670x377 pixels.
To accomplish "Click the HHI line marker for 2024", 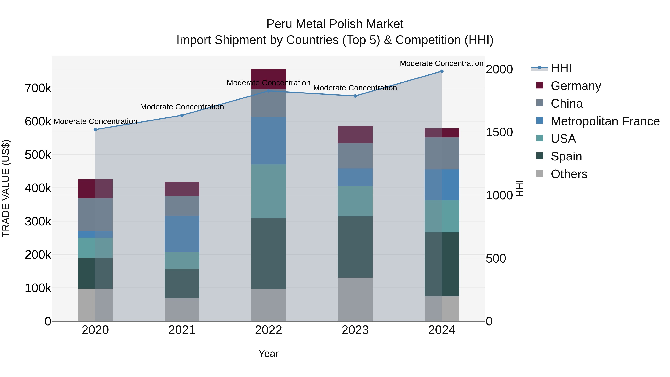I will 442,71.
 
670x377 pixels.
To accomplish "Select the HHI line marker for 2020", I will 95,130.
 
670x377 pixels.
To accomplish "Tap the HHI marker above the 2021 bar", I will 182,115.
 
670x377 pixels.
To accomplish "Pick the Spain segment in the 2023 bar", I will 355,247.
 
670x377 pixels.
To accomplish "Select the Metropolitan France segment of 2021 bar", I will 182,233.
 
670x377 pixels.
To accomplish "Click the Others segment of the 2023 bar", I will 355,299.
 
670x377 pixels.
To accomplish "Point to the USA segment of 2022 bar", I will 268,191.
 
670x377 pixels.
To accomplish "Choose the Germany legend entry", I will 576,86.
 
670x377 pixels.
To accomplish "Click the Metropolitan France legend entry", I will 605,121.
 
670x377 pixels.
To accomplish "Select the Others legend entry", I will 569,174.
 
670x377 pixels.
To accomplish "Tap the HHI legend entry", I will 561,68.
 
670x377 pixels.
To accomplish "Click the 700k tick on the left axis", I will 38,88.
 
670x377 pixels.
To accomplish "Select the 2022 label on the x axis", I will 268,330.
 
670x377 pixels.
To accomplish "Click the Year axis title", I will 268,354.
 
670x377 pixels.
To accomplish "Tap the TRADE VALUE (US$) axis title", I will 6,188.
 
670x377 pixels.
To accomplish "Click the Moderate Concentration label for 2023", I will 355,88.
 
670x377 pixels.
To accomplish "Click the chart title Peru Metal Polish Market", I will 335,24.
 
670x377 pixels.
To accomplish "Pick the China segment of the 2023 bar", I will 355,156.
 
